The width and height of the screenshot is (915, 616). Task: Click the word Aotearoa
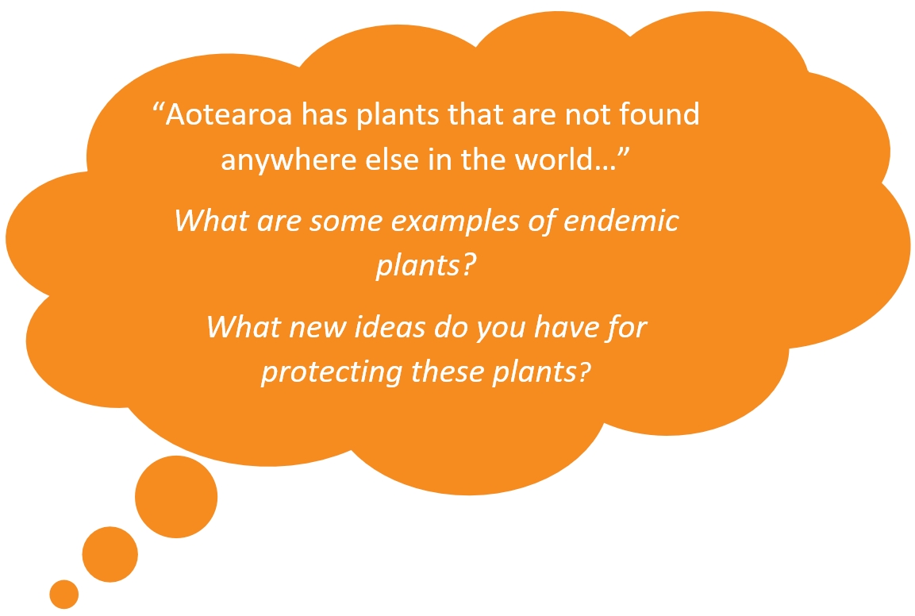tap(229, 114)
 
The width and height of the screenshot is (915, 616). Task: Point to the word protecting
tap(332, 372)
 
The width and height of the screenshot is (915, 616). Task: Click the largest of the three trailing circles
tap(176, 497)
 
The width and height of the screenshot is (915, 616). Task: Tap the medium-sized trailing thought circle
tap(110, 554)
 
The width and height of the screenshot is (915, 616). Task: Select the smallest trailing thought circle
tap(64, 595)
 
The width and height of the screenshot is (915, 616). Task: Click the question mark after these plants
tap(583, 372)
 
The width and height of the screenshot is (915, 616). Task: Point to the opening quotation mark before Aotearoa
tap(157, 107)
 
